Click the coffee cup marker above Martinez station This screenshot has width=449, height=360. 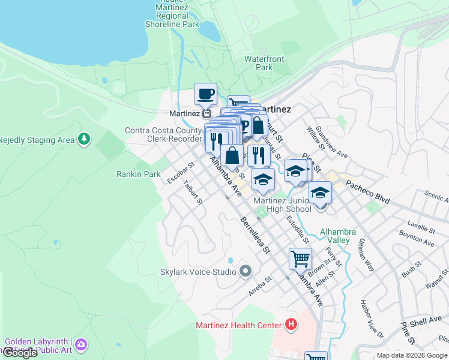point(206,94)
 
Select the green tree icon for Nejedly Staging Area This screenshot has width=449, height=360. point(84,139)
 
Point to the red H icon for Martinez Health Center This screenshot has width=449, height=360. point(291,325)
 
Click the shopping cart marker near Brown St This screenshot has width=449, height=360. point(300,259)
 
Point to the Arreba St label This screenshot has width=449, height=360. point(261,286)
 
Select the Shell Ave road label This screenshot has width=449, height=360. point(426,322)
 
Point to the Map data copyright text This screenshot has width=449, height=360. point(412,356)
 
